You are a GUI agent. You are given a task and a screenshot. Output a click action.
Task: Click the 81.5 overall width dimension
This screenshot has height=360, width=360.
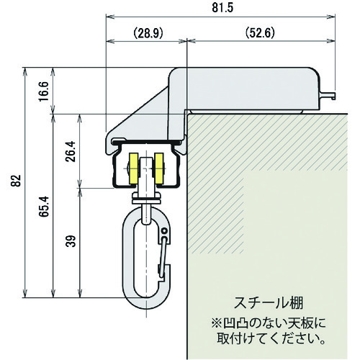tap(222, 8)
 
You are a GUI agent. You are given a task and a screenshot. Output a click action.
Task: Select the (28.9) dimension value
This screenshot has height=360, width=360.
tap(148, 33)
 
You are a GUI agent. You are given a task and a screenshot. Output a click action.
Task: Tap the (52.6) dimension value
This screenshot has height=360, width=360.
tap(260, 33)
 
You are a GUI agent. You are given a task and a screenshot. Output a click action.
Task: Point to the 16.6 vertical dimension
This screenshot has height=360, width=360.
tap(44, 91)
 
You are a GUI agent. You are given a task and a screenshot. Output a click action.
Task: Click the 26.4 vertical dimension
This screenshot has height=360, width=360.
tap(71, 151)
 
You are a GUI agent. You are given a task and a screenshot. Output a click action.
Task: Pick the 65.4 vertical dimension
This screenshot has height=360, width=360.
tap(44, 207)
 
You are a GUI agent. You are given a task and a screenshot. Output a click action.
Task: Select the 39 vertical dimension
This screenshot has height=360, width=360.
tap(71, 241)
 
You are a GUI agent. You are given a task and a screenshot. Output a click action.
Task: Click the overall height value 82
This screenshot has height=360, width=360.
tap(16, 181)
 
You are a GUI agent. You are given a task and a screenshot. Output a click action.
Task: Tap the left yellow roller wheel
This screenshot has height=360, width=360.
tap(133, 169)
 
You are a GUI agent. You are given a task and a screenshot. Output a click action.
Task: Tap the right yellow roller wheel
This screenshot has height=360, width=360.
tap(159, 169)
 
